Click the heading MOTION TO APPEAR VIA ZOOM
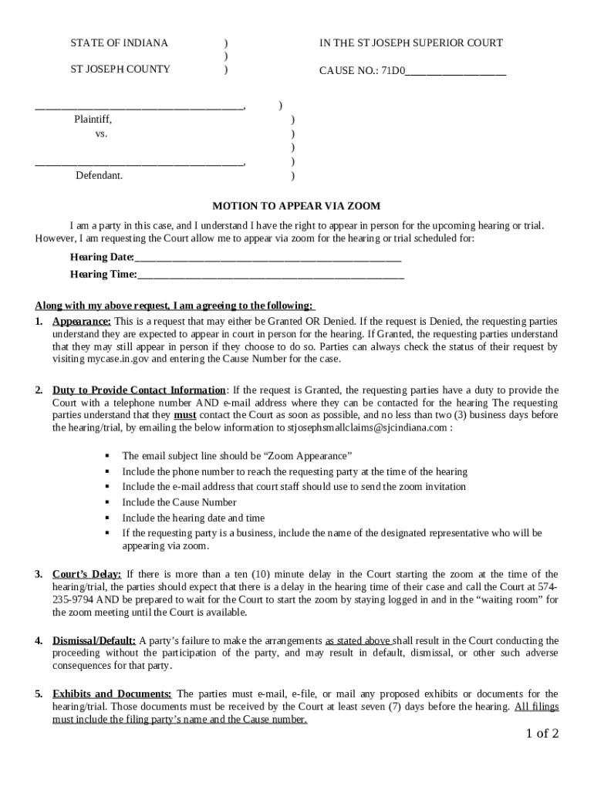297,206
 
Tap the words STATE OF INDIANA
120,43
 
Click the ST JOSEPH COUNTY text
120,69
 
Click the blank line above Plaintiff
140,106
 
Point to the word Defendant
99,176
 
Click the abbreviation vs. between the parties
101,133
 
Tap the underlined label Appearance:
82,321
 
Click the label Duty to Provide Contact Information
139,390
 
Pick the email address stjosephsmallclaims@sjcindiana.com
367,427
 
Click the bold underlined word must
184,415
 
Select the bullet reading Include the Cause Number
179,502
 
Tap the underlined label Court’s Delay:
86,574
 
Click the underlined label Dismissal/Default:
94,641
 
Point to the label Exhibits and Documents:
112,694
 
